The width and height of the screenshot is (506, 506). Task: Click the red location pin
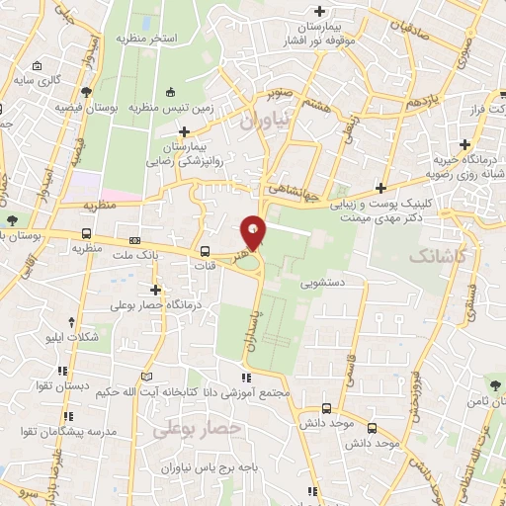pos(254,232)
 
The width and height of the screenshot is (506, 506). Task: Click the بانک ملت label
pos(151,252)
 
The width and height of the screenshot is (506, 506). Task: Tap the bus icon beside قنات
pos(206,251)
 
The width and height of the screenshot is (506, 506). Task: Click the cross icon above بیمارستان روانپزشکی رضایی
pos(184,131)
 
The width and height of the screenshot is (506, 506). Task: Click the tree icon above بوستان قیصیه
pos(87,92)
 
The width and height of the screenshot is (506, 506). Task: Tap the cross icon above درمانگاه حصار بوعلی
pos(155,290)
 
